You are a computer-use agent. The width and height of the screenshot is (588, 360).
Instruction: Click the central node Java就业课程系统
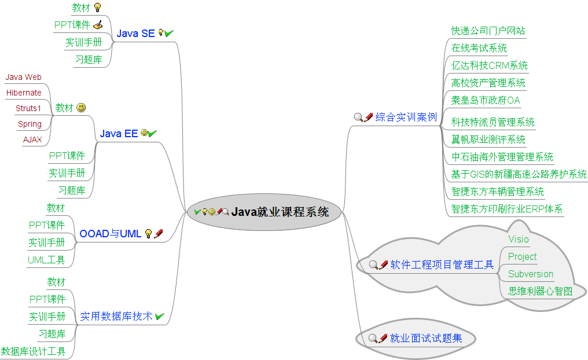click(x=280, y=212)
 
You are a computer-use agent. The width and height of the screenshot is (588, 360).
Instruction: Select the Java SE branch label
click(x=135, y=34)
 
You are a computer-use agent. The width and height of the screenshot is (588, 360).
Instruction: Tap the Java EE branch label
click(x=119, y=134)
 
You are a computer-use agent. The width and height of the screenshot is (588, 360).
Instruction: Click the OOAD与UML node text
click(x=110, y=234)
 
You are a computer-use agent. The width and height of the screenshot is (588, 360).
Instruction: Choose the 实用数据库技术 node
click(x=116, y=316)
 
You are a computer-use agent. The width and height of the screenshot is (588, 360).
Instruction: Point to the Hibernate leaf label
click(x=24, y=93)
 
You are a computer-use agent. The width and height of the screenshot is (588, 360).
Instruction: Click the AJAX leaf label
click(x=32, y=139)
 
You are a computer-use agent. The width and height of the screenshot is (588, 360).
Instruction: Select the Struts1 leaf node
click(x=28, y=108)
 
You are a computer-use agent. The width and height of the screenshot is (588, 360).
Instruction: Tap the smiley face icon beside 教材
click(x=81, y=108)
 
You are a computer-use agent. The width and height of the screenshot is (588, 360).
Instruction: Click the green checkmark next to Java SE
click(x=169, y=34)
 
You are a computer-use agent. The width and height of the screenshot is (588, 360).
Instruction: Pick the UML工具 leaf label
click(x=46, y=260)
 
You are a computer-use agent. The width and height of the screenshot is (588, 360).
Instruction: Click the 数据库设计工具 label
click(x=33, y=351)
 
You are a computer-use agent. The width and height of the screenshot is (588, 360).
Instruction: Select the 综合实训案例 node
click(x=406, y=117)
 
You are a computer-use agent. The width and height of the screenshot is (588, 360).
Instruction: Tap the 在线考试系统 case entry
click(x=479, y=48)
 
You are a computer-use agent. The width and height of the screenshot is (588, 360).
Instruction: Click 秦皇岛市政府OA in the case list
click(x=485, y=100)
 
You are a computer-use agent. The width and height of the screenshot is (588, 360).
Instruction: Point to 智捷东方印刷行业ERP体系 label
click(x=506, y=209)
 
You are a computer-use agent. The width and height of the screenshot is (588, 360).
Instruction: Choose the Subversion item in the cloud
click(x=530, y=274)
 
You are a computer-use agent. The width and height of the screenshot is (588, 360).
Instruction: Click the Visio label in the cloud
click(x=518, y=239)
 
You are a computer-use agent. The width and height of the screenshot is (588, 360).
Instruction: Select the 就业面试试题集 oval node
click(x=425, y=339)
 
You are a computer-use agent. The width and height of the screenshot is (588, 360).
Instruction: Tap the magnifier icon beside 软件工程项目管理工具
click(x=373, y=265)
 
